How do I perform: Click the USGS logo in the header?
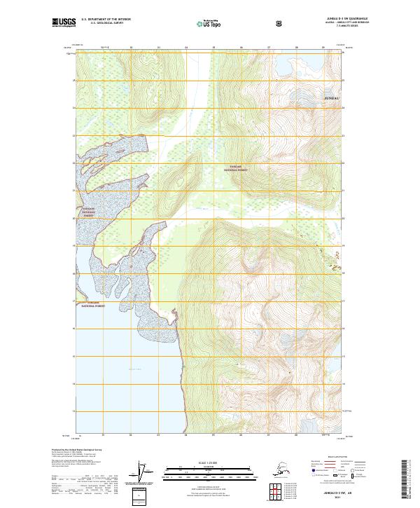(x=61, y=22)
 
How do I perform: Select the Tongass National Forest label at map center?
(x=236, y=169)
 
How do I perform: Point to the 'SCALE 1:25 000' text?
(x=209, y=462)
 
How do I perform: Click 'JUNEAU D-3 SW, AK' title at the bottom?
(x=339, y=493)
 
